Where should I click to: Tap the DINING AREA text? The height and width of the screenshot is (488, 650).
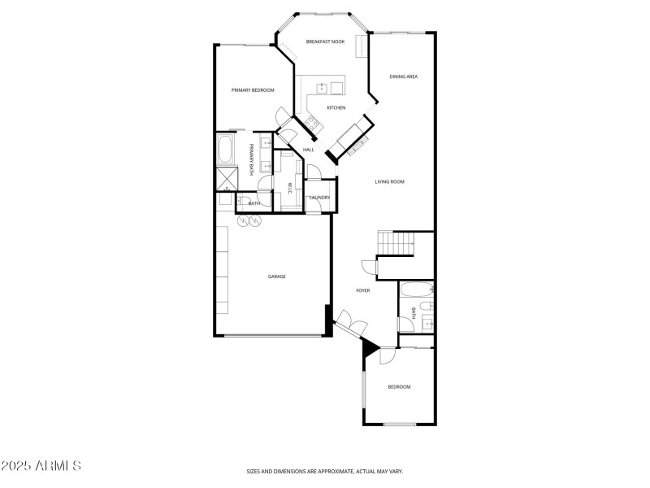pos(403,76)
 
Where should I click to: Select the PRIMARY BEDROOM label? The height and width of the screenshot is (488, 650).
pos(252,90)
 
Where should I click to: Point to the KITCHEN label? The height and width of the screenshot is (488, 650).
pos(336,107)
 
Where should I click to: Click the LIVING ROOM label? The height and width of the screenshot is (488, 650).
pos(389,181)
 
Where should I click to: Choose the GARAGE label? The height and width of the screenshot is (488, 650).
pos(277,277)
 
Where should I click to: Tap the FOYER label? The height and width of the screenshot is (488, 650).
pos(363,290)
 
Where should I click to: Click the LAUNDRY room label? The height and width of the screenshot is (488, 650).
pos(318,197)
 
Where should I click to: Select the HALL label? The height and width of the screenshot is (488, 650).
pos(309,150)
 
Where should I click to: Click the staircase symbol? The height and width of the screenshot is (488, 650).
pos(396,242)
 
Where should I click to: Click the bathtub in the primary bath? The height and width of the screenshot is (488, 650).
pos(226,150)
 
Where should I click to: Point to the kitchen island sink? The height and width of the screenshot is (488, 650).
pos(323,87)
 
